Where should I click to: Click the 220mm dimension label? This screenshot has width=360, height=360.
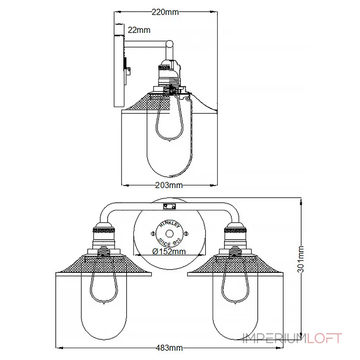[165, 12]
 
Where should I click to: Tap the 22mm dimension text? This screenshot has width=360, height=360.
[139, 30]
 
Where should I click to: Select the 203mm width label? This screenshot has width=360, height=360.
[168, 184]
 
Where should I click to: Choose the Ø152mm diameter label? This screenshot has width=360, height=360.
[169, 251]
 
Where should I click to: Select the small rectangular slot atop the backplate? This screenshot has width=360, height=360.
[170, 207]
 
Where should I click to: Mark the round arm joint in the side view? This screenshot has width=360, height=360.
[169, 44]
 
